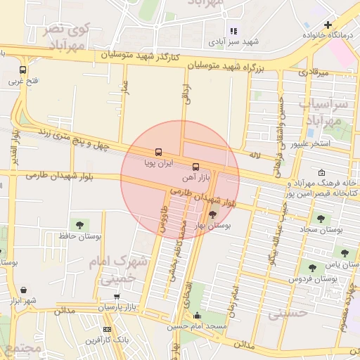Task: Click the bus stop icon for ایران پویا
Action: (158, 151)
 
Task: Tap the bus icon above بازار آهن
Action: (195, 166)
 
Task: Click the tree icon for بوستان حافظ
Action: (79, 224)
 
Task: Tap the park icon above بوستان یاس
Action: (344, 252)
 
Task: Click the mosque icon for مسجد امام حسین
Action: (197, 316)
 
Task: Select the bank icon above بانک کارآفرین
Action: (107, 329)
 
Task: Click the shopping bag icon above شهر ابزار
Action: (24, 290)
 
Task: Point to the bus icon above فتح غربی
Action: (23, 70)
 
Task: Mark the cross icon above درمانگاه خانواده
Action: (328, 25)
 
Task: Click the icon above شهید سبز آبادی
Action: (233, 31)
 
